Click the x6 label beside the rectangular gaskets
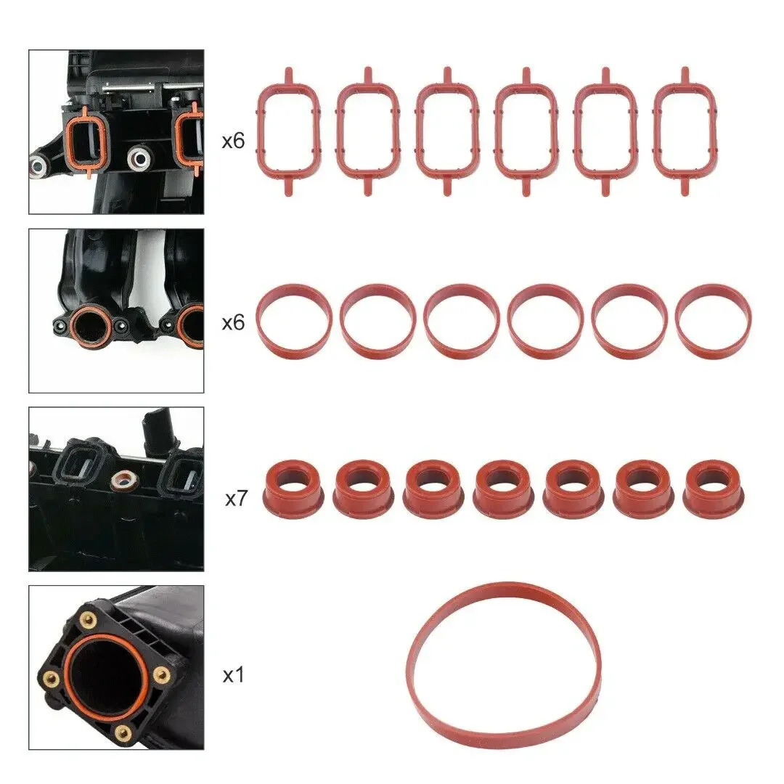233,141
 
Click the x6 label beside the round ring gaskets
233,322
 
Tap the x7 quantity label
237,499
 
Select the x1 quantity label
232,676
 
